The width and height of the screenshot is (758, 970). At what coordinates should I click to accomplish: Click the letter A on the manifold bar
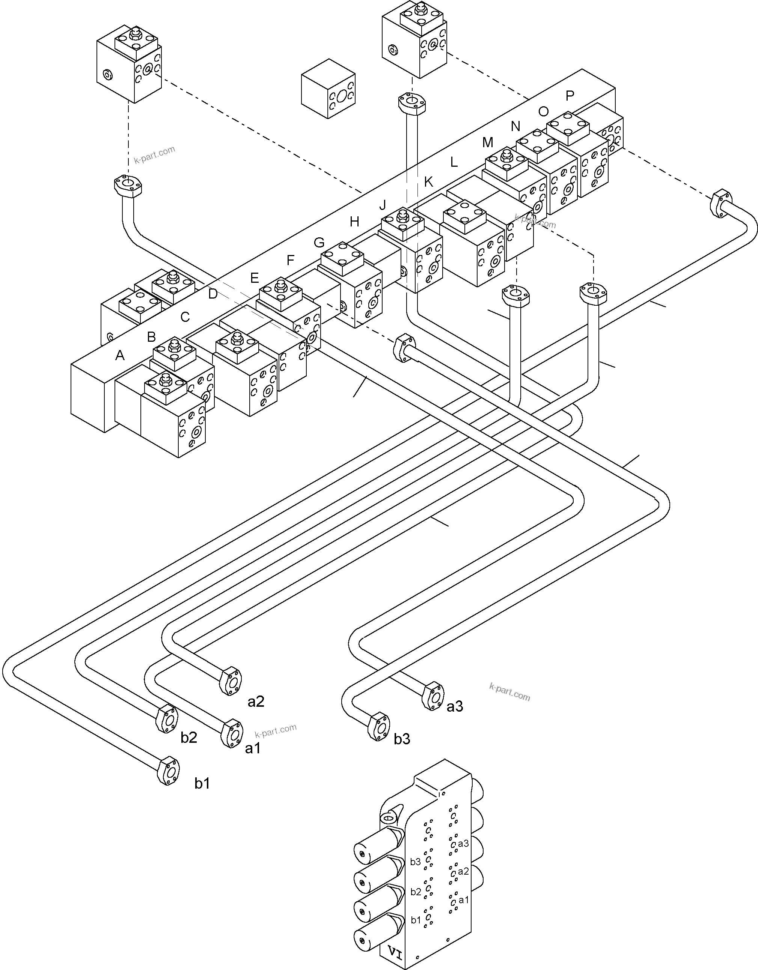tap(120, 356)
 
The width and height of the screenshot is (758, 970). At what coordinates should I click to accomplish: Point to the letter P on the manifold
tap(570, 95)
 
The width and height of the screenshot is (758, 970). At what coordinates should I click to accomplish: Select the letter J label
tap(383, 205)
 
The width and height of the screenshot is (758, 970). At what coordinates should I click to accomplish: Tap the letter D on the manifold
tap(213, 294)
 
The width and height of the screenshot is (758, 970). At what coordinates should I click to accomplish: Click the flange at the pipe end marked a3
tap(432, 696)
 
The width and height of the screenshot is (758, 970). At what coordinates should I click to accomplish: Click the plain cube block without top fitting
tap(328, 89)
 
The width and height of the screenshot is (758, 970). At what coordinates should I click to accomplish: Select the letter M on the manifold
tap(487, 143)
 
